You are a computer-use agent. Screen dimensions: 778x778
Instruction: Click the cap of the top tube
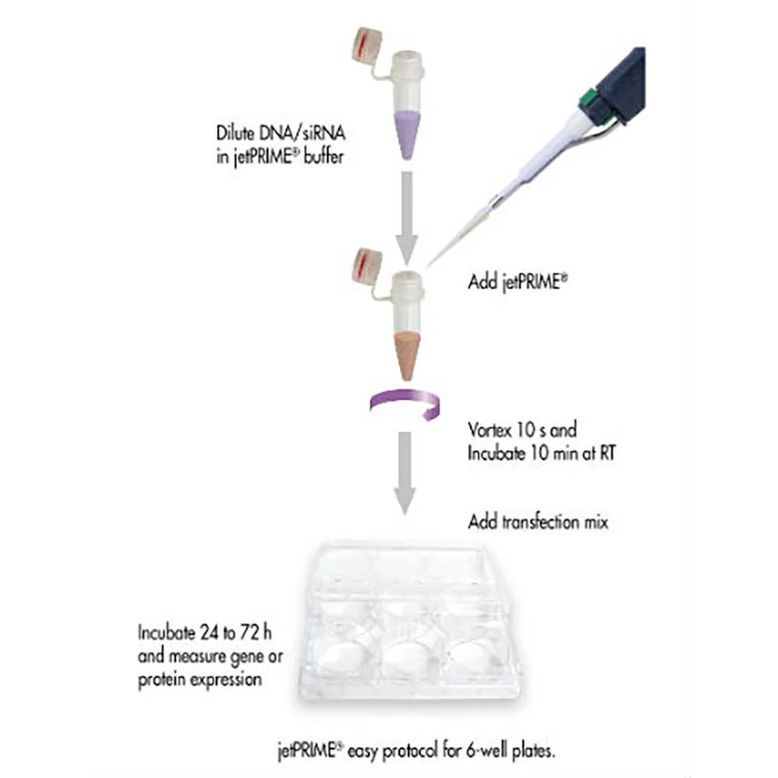(x=369, y=46)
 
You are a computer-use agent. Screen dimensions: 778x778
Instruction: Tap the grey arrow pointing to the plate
(x=405, y=471)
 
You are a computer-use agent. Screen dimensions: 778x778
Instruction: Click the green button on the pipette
(x=590, y=98)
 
